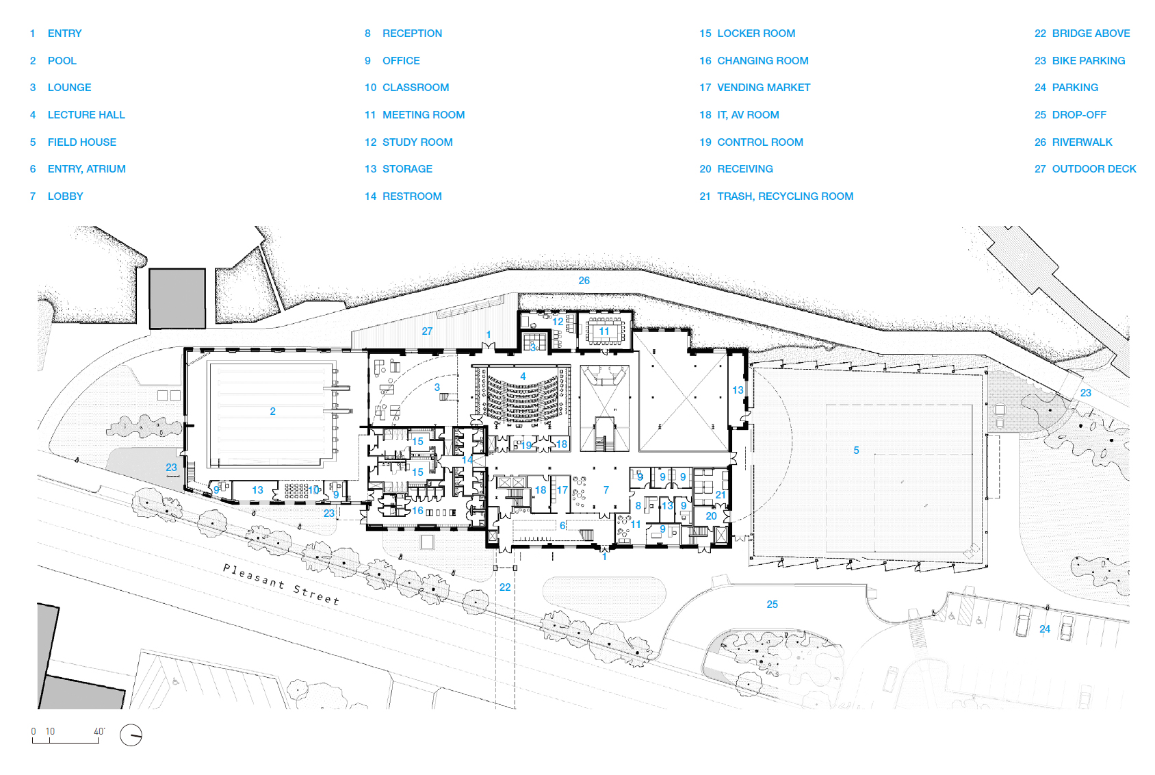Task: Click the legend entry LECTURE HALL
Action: (x=86, y=114)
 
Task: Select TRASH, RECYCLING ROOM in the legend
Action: (x=785, y=196)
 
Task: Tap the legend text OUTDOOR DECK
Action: (x=1093, y=168)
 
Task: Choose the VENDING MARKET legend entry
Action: (x=764, y=88)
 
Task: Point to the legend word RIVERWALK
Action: (x=1082, y=142)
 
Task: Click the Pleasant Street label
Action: (x=281, y=584)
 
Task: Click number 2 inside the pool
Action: (x=272, y=411)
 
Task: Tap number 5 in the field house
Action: (x=856, y=450)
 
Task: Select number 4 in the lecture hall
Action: (x=523, y=377)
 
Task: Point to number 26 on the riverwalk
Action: (x=584, y=281)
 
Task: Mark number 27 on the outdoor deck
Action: (x=427, y=331)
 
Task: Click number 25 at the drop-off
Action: (x=772, y=605)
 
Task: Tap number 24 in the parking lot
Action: (x=1045, y=629)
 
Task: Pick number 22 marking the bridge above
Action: (x=505, y=587)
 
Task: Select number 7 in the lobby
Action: (x=606, y=490)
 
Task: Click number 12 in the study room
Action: (x=558, y=322)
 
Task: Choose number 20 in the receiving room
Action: (x=711, y=516)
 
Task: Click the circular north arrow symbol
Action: (x=131, y=735)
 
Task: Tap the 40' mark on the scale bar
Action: (x=99, y=731)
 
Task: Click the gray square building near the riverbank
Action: (x=177, y=298)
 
